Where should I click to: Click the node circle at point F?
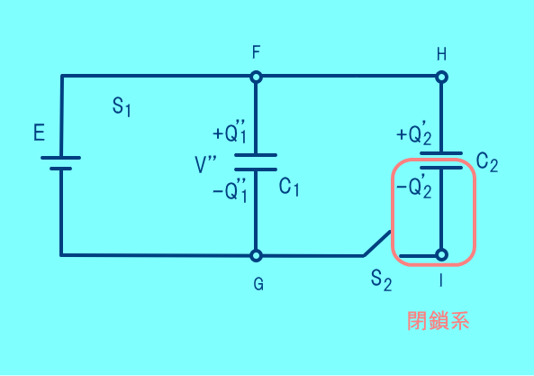[x=256, y=77]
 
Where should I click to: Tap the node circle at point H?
[x=442, y=77]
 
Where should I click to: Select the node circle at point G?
[x=256, y=255]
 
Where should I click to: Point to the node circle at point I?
[x=442, y=254]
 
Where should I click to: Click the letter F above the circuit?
[x=257, y=52]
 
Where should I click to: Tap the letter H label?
[x=442, y=54]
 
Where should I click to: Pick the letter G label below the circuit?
[x=258, y=284]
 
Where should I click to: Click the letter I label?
[x=441, y=280]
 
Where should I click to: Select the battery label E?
[x=39, y=133]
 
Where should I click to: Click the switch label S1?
[x=122, y=106]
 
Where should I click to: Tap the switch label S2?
[x=382, y=280]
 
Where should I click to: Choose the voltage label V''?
[x=205, y=164]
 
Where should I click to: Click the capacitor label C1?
[x=289, y=188]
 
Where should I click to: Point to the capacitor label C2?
[x=487, y=161]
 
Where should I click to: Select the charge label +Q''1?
[x=230, y=132]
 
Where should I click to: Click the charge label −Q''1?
[x=230, y=190]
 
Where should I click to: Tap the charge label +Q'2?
[x=414, y=133]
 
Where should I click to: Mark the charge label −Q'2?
[x=414, y=187]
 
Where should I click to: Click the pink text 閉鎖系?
[x=439, y=320]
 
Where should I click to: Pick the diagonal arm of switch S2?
[x=377, y=243]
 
